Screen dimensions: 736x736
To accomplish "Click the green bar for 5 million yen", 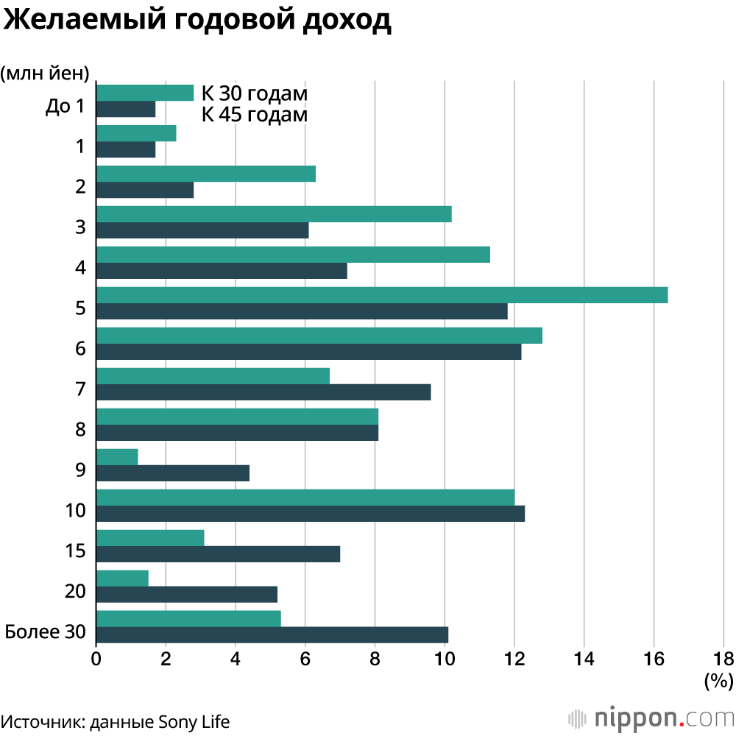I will tap(381, 295).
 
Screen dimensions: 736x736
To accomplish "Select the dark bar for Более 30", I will tap(272, 634).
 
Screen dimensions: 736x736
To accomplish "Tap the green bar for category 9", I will tap(117, 457).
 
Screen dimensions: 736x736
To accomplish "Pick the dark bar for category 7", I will tap(263, 392).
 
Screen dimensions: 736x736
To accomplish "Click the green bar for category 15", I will tap(150, 538).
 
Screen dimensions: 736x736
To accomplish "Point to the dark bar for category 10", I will tap(310, 513).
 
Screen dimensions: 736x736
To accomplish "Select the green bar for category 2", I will tap(205, 174).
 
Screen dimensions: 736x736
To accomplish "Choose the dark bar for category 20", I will tap(186, 594).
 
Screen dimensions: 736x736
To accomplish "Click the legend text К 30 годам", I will tap(255, 94).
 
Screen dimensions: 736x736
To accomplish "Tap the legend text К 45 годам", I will tap(255, 116).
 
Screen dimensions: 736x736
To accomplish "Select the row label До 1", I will tap(65, 107).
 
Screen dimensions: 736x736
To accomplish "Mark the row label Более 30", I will tap(46, 631).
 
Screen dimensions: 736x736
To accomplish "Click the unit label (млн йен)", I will tap(46, 72).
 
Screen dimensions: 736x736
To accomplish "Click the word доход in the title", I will tap(345, 21).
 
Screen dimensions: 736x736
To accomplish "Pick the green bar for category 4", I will tap(293, 255).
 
